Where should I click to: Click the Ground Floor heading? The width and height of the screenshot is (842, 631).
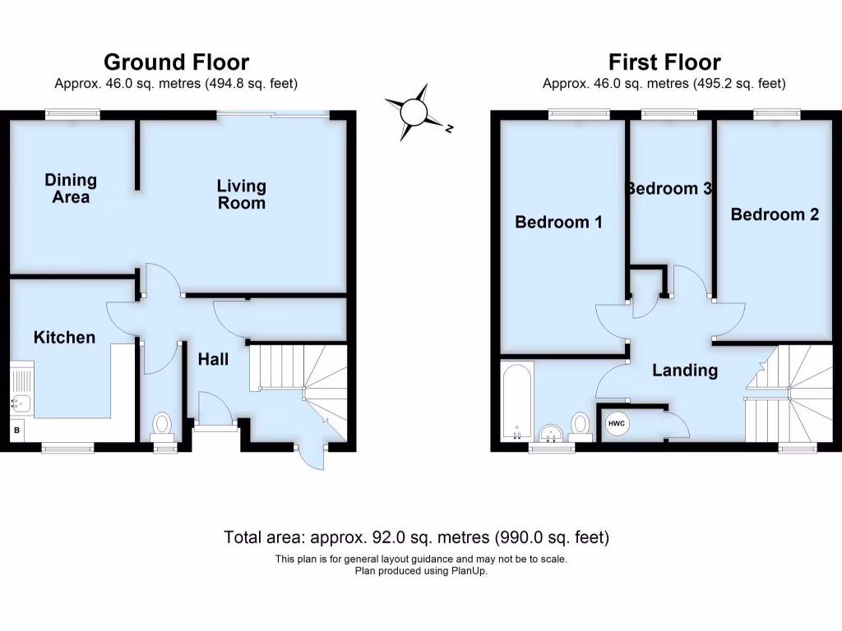(x=176, y=62)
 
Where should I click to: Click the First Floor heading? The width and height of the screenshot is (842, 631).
(x=664, y=62)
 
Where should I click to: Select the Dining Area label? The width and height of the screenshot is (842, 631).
(x=71, y=188)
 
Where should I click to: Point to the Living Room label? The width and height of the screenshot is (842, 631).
(x=242, y=194)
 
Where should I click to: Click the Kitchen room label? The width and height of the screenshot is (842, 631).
(x=64, y=338)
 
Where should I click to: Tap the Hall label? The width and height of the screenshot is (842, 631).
(x=213, y=360)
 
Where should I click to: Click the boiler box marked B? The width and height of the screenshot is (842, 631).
(x=16, y=429)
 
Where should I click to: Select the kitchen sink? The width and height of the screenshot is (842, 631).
(x=21, y=402)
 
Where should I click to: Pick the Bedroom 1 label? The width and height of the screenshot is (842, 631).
(x=558, y=222)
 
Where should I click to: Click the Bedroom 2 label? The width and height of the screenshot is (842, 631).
(x=775, y=214)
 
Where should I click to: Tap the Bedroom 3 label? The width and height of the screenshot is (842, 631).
(x=669, y=188)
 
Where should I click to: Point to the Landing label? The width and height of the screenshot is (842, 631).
(x=684, y=371)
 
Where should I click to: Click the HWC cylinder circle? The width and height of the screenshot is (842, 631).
(x=617, y=423)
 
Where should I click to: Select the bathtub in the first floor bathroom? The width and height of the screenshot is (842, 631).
(x=516, y=403)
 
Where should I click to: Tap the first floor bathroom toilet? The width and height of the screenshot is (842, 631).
(x=581, y=425)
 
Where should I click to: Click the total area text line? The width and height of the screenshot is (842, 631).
(x=416, y=538)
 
